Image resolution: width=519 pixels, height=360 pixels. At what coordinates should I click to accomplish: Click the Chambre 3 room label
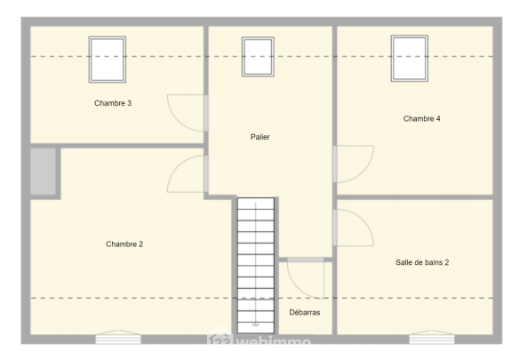113,103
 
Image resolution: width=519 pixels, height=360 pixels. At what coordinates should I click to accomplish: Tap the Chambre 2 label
124,244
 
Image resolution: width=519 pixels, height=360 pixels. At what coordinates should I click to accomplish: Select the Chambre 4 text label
421,119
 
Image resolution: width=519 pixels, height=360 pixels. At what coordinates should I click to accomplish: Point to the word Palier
260,137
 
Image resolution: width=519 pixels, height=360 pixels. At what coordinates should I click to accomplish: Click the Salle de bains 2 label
422,262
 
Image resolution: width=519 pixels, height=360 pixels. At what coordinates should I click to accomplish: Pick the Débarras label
305,312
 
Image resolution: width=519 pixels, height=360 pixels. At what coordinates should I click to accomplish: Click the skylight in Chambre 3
108,60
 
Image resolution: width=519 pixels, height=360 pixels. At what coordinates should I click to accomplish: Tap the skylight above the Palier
258,57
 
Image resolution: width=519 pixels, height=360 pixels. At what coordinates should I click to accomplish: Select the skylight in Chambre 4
410,59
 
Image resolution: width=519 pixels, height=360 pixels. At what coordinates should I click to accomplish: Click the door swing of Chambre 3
178,121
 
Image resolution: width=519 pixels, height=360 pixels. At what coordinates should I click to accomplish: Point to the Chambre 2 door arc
178,166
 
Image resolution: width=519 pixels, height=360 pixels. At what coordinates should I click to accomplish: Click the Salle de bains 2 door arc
363,220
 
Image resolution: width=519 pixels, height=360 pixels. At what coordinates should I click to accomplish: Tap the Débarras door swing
297,289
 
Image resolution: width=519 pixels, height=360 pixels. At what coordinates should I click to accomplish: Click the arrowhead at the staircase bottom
256,325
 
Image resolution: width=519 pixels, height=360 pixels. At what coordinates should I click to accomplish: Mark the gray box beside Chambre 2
43,172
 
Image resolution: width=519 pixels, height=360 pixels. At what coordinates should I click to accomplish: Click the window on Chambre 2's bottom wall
118,337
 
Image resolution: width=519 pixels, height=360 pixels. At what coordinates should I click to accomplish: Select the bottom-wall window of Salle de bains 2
432,337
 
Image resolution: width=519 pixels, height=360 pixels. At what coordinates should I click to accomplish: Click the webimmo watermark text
259,340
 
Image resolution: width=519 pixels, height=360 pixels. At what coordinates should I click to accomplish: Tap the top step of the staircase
256,204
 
